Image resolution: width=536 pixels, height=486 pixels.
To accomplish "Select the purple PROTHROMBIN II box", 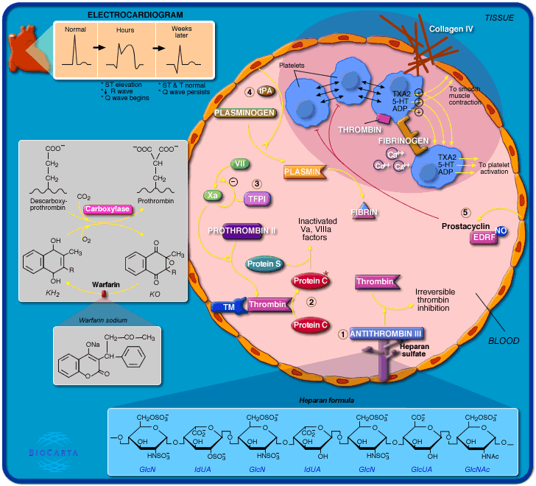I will point(241,231).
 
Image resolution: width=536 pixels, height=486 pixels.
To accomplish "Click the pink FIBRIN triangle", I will point(364,211).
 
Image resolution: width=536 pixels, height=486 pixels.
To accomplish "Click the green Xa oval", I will point(213,195).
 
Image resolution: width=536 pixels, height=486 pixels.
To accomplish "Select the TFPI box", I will point(258,198).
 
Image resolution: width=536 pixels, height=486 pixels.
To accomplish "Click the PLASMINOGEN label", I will point(245,113).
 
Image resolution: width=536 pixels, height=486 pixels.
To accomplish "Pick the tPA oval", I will point(264,91).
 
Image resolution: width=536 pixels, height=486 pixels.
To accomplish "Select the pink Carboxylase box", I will point(107,209).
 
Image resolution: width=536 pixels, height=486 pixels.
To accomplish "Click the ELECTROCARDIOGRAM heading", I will point(135,15).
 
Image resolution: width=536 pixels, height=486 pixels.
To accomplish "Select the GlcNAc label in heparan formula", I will point(477,468).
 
